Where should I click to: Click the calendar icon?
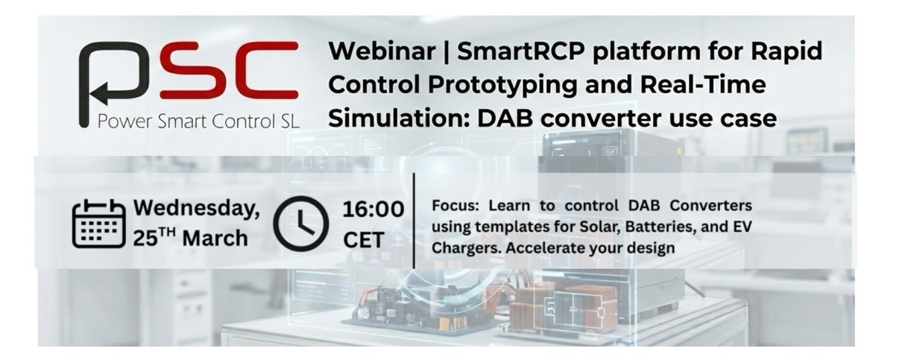(98, 223)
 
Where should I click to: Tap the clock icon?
(300, 224)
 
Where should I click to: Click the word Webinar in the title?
(382, 51)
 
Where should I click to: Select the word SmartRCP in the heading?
(521, 51)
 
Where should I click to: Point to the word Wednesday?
(196, 209)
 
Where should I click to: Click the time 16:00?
(373, 209)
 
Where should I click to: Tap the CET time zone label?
(364, 239)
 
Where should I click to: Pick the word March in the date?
(215, 238)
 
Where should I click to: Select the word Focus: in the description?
(455, 206)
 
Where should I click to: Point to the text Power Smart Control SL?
(199, 121)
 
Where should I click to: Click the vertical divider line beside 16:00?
(414, 221)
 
